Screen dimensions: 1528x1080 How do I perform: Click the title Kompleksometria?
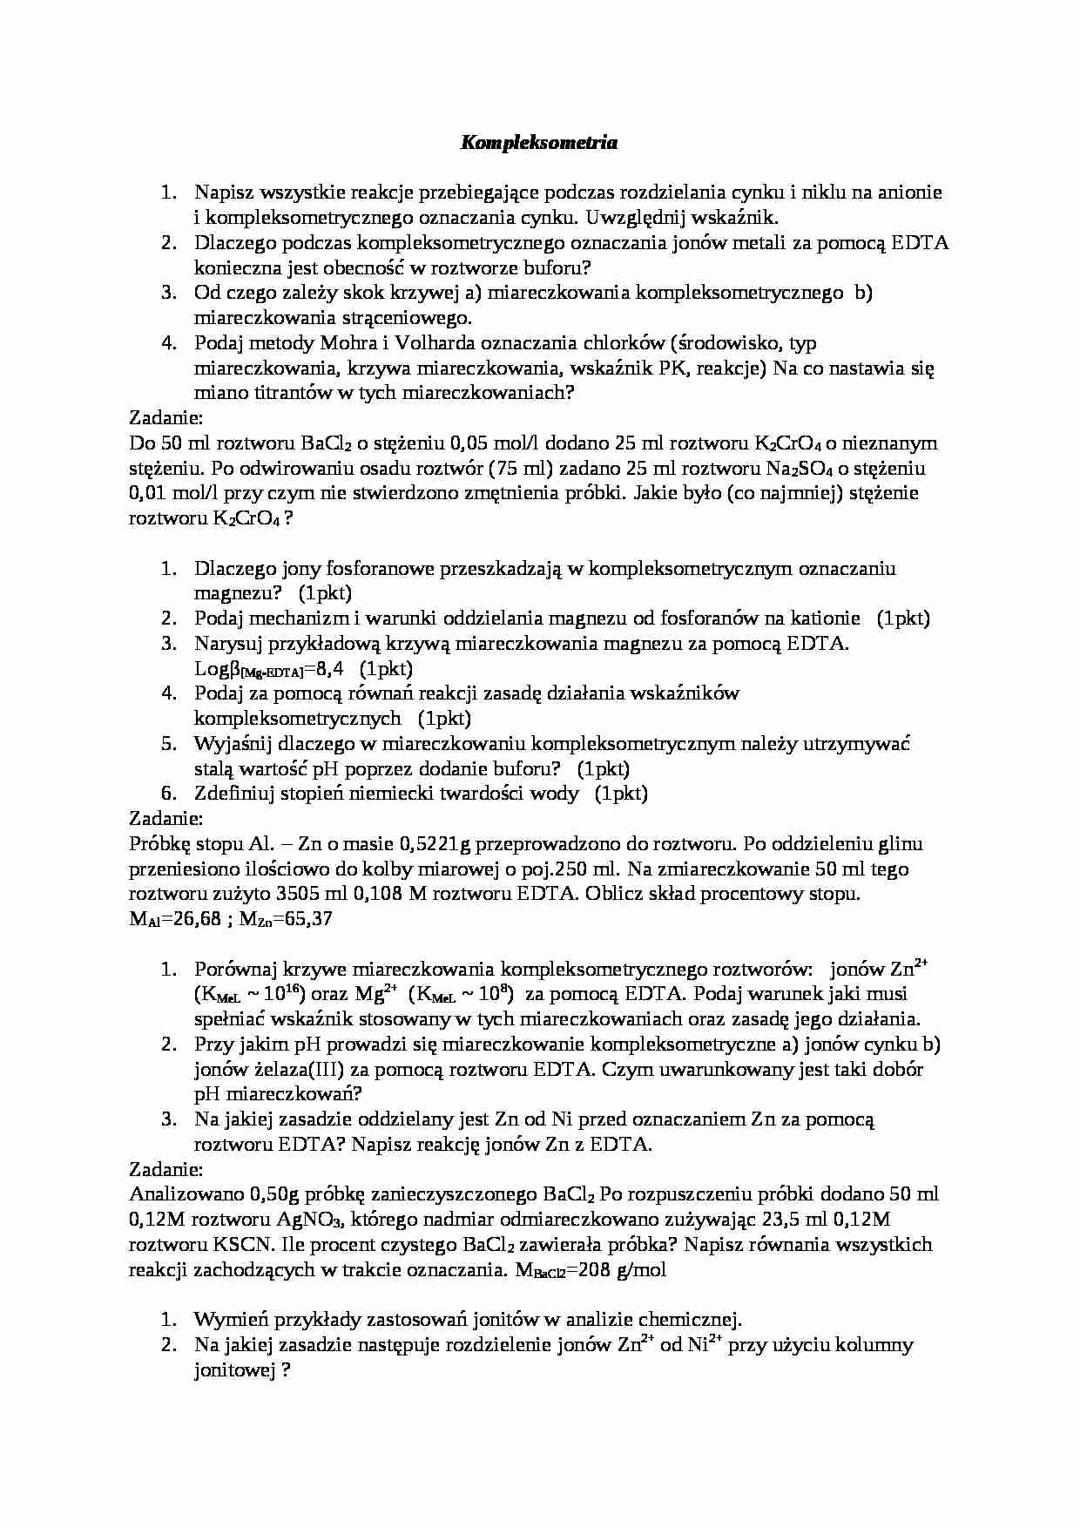[538, 143]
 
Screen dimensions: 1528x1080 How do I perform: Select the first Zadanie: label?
[165, 418]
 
